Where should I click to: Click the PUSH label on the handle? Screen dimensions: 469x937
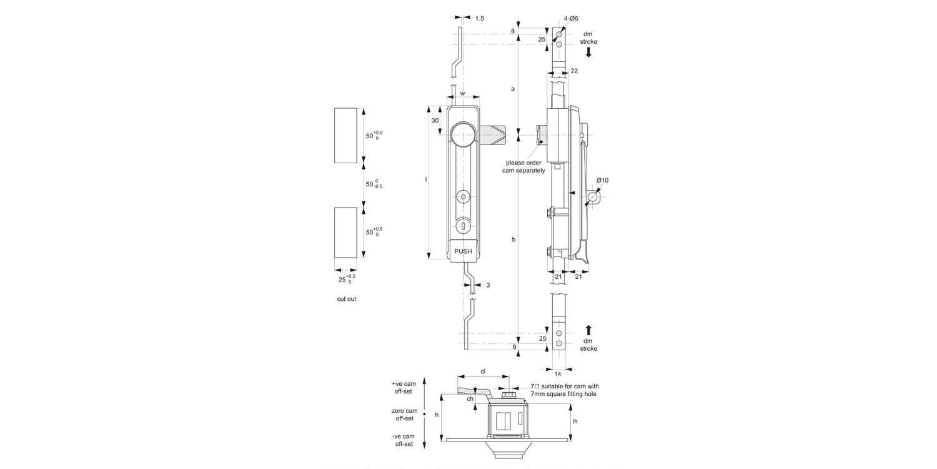[x=463, y=251]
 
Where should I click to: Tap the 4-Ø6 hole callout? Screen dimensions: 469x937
[x=570, y=19]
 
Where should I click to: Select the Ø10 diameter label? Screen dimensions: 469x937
[x=602, y=181]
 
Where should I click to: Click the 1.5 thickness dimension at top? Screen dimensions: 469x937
[x=479, y=19]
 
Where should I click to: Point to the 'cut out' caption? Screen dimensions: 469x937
[x=347, y=299]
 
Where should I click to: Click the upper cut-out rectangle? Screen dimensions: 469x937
[x=345, y=136]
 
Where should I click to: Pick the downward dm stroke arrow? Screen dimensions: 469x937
[x=588, y=53]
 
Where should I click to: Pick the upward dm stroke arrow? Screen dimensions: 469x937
[x=588, y=330]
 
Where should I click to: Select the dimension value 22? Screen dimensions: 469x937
[x=574, y=71]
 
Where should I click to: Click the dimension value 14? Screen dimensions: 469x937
[x=558, y=373]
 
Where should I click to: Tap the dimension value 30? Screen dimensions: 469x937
[x=435, y=121]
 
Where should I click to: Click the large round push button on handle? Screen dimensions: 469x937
[x=463, y=134]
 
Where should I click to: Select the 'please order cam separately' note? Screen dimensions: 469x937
[x=523, y=166]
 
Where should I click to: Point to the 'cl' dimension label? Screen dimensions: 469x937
[x=483, y=371]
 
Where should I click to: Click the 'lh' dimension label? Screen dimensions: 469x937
[x=575, y=421]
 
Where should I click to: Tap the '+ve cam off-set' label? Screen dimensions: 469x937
[x=404, y=387]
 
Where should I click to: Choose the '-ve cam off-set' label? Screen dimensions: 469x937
[x=404, y=440]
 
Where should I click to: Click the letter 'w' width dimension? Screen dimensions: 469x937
[x=462, y=94]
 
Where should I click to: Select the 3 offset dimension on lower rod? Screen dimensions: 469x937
[x=487, y=285]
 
